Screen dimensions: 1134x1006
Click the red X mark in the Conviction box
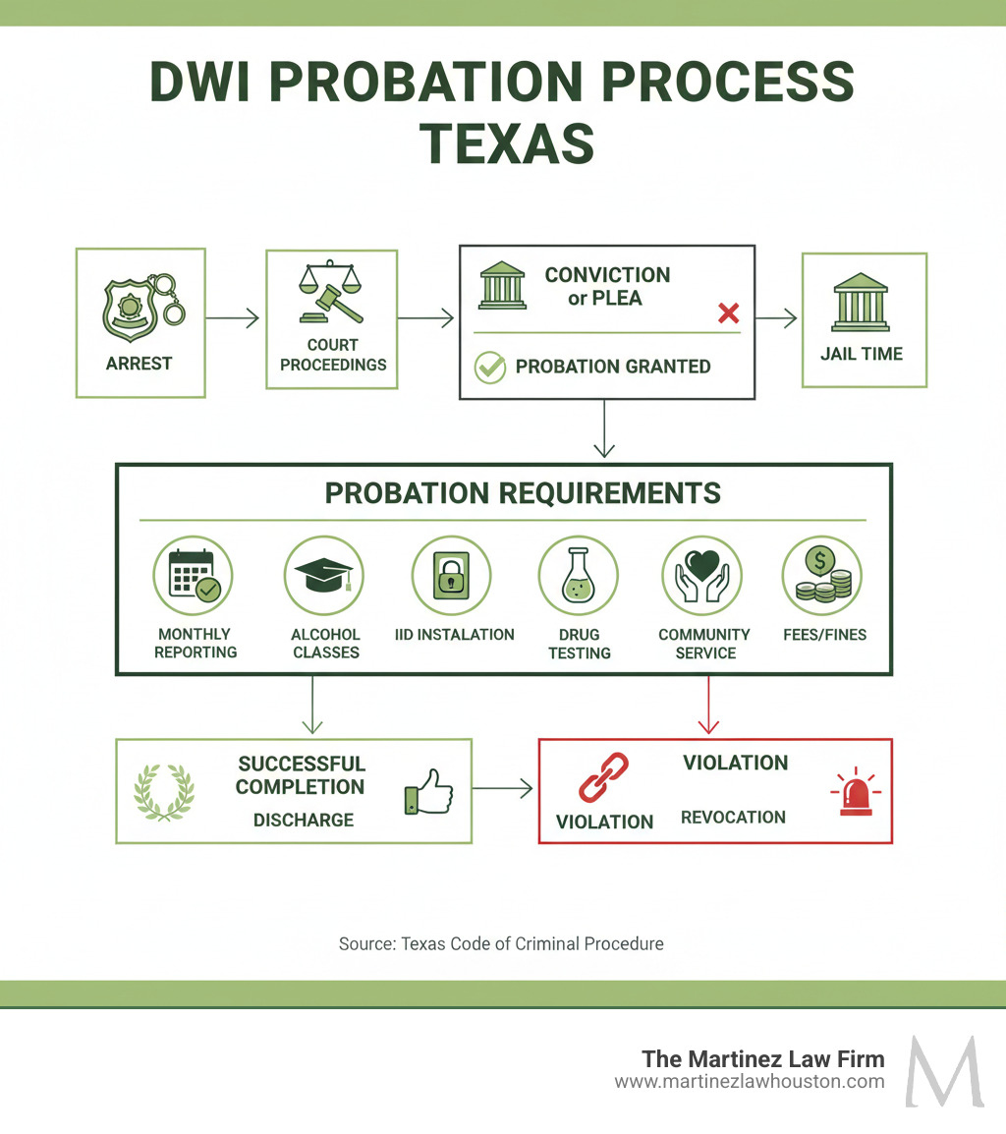728,313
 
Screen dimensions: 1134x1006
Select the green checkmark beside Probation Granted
489,368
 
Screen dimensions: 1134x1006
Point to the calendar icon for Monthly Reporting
194,576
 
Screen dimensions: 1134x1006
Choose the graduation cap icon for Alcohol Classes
323,576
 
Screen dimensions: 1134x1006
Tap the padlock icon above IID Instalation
451,576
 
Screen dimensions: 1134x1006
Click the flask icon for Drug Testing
578,576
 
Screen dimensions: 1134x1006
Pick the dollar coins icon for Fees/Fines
821,576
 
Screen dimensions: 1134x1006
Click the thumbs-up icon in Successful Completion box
427,791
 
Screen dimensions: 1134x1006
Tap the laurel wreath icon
164,791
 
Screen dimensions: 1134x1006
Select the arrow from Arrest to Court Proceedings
234,317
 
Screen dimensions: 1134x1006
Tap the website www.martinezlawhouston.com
750,1082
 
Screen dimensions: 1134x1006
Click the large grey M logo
944,1070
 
